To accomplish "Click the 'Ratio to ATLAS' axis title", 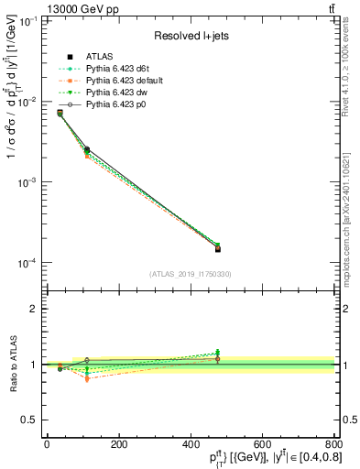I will pyautogui.click(x=11, y=364).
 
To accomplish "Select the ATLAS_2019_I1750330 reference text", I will pyautogui.click(x=190, y=274).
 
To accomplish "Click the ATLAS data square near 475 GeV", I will pyautogui.click(x=217, y=248).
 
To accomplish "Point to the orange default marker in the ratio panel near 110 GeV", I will pyautogui.click(x=86, y=378).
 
